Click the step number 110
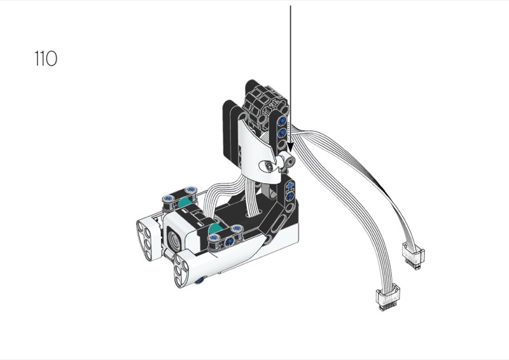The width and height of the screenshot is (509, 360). [x=46, y=59]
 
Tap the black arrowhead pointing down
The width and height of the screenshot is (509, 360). [x=290, y=147]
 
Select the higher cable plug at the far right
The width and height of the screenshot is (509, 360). [x=413, y=256]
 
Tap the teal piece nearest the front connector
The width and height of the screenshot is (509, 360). [x=214, y=229]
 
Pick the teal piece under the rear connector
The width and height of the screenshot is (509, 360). [x=184, y=202]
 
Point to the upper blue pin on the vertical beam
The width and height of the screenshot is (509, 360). [x=282, y=121]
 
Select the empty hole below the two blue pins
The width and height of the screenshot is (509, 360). [x=281, y=144]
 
